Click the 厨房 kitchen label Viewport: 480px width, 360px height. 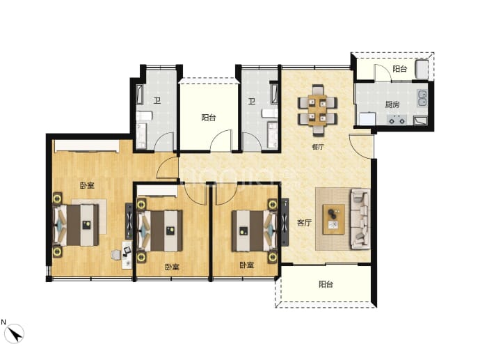tap(392, 104)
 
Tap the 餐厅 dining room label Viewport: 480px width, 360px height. tap(318, 147)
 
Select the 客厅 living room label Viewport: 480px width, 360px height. tap(304, 223)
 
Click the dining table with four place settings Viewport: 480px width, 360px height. tap(317, 110)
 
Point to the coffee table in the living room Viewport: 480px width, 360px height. tap(334, 219)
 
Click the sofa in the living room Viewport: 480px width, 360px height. tap(360, 219)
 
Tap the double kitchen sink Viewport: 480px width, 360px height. tap(422, 98)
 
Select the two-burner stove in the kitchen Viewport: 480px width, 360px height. tap(397, 119)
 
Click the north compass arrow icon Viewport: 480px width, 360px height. tap(15, 334)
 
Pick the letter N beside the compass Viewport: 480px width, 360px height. tap(3, 322)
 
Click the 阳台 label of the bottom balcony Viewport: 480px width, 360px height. tap(326, 284)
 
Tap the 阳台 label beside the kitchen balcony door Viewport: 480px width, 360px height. tap(399, 69)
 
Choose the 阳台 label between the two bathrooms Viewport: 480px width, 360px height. tap(209, 118)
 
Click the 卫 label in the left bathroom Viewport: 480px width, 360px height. tap(157, 100)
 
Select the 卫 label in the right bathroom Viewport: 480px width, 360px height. tap(252, 101)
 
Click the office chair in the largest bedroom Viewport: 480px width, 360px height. tap(116, 254)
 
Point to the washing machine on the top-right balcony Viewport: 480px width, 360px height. tap(422, 69)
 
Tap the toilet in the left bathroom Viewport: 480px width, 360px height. tap(144, 116)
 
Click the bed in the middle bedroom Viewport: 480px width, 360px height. tap(161, 230)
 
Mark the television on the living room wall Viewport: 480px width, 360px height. tap(285, 222)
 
